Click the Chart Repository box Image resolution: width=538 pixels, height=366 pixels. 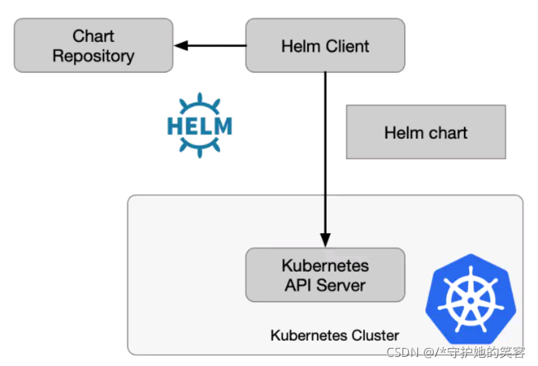tap(93, 46)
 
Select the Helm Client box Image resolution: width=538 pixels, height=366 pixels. tap(325, 46)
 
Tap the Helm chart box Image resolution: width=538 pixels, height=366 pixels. tap(425, 132)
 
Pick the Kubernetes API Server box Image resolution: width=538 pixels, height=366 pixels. tap(325, 275)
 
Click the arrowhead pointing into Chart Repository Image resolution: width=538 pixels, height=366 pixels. tap(182, 46)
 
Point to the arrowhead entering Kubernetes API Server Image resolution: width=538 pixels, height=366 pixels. tap(325, 241)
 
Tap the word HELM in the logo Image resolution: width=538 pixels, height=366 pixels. tap(199, 126)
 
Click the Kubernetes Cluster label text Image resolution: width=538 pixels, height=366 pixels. tap(334, 335)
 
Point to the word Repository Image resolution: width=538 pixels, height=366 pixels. tap(93, 57)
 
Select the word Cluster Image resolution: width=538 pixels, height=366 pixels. tap(375, 335)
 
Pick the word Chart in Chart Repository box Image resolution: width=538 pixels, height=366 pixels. tap(93, 36)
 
